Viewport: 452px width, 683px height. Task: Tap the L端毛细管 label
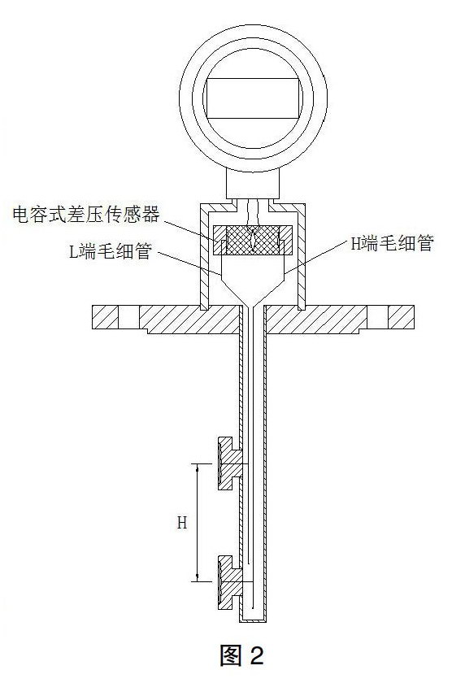point(110,253)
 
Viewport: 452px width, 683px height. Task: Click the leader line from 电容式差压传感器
point(195,225)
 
